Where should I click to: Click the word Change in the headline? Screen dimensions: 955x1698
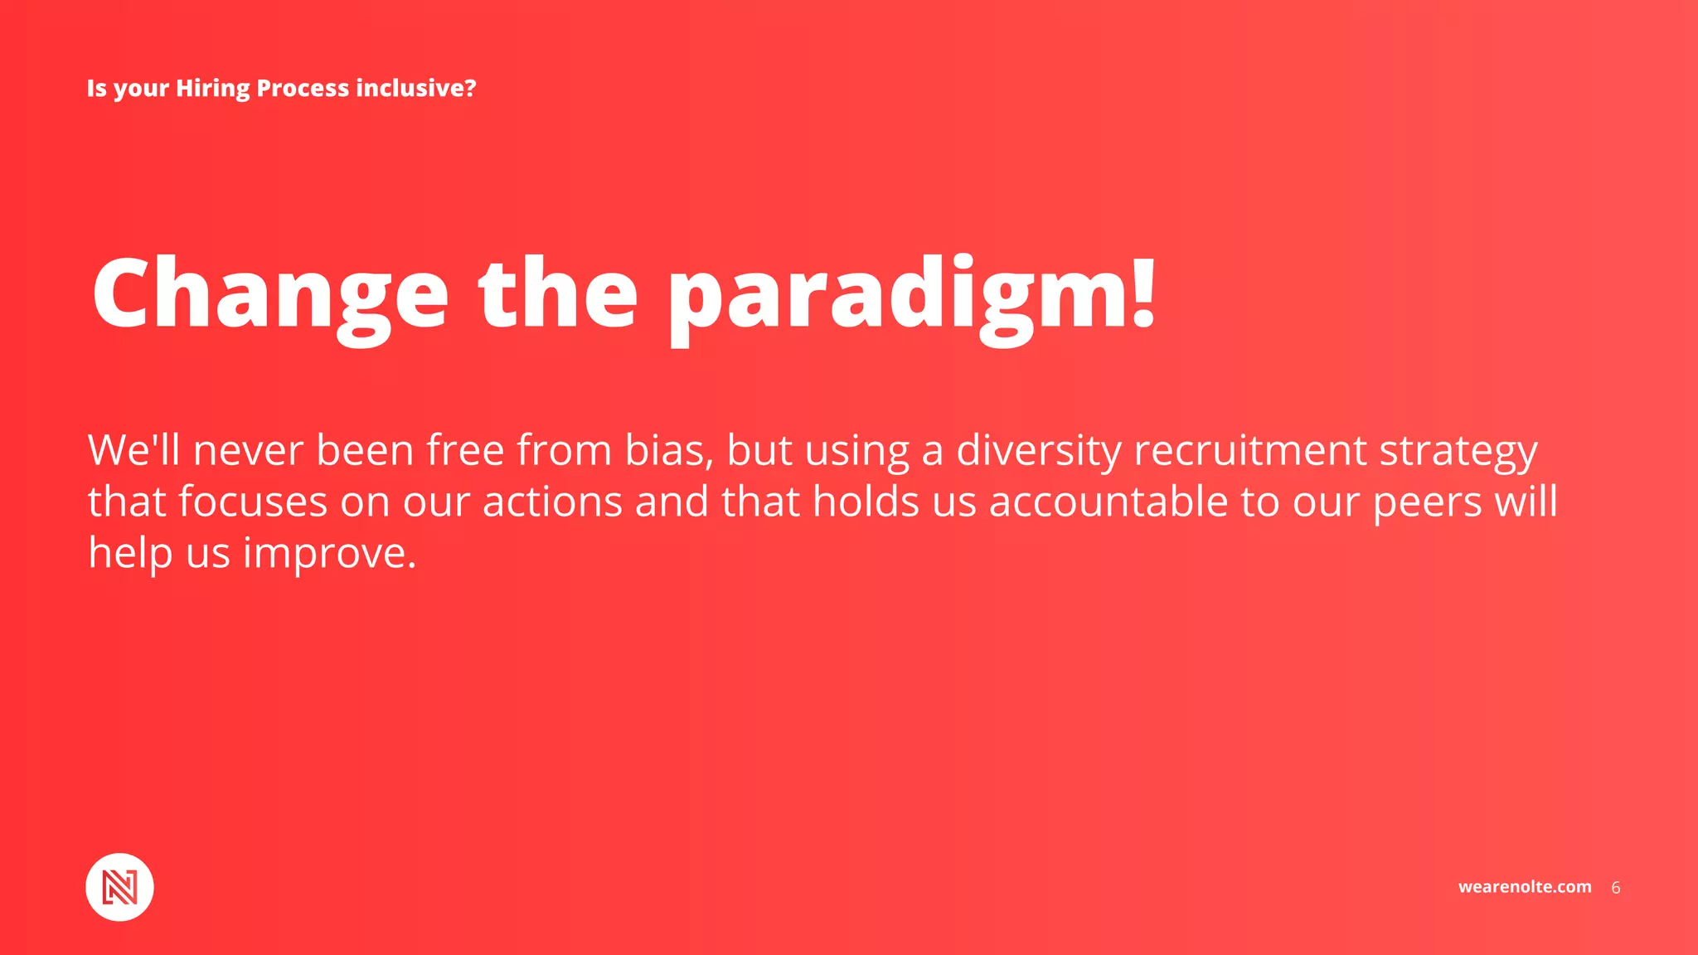pyautogui.click(x=270, y=293)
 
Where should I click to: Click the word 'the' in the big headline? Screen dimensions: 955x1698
pyautogui.click(x=558, y=293)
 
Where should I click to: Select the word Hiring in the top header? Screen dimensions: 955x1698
pyautogui.click(x=212, y=88)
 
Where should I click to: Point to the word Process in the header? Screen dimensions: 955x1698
pyautogui.click(x=303, y=88)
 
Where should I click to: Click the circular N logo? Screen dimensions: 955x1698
pyautogui.click(x=119, y=887)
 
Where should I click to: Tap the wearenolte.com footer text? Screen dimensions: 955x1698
pyautogui.click(x=1524, y=887)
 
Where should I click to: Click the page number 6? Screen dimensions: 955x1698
pyautogui.click(x=1615, y=888)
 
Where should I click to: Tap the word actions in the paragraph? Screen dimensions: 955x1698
pyautogui.click(x=552, y=502)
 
